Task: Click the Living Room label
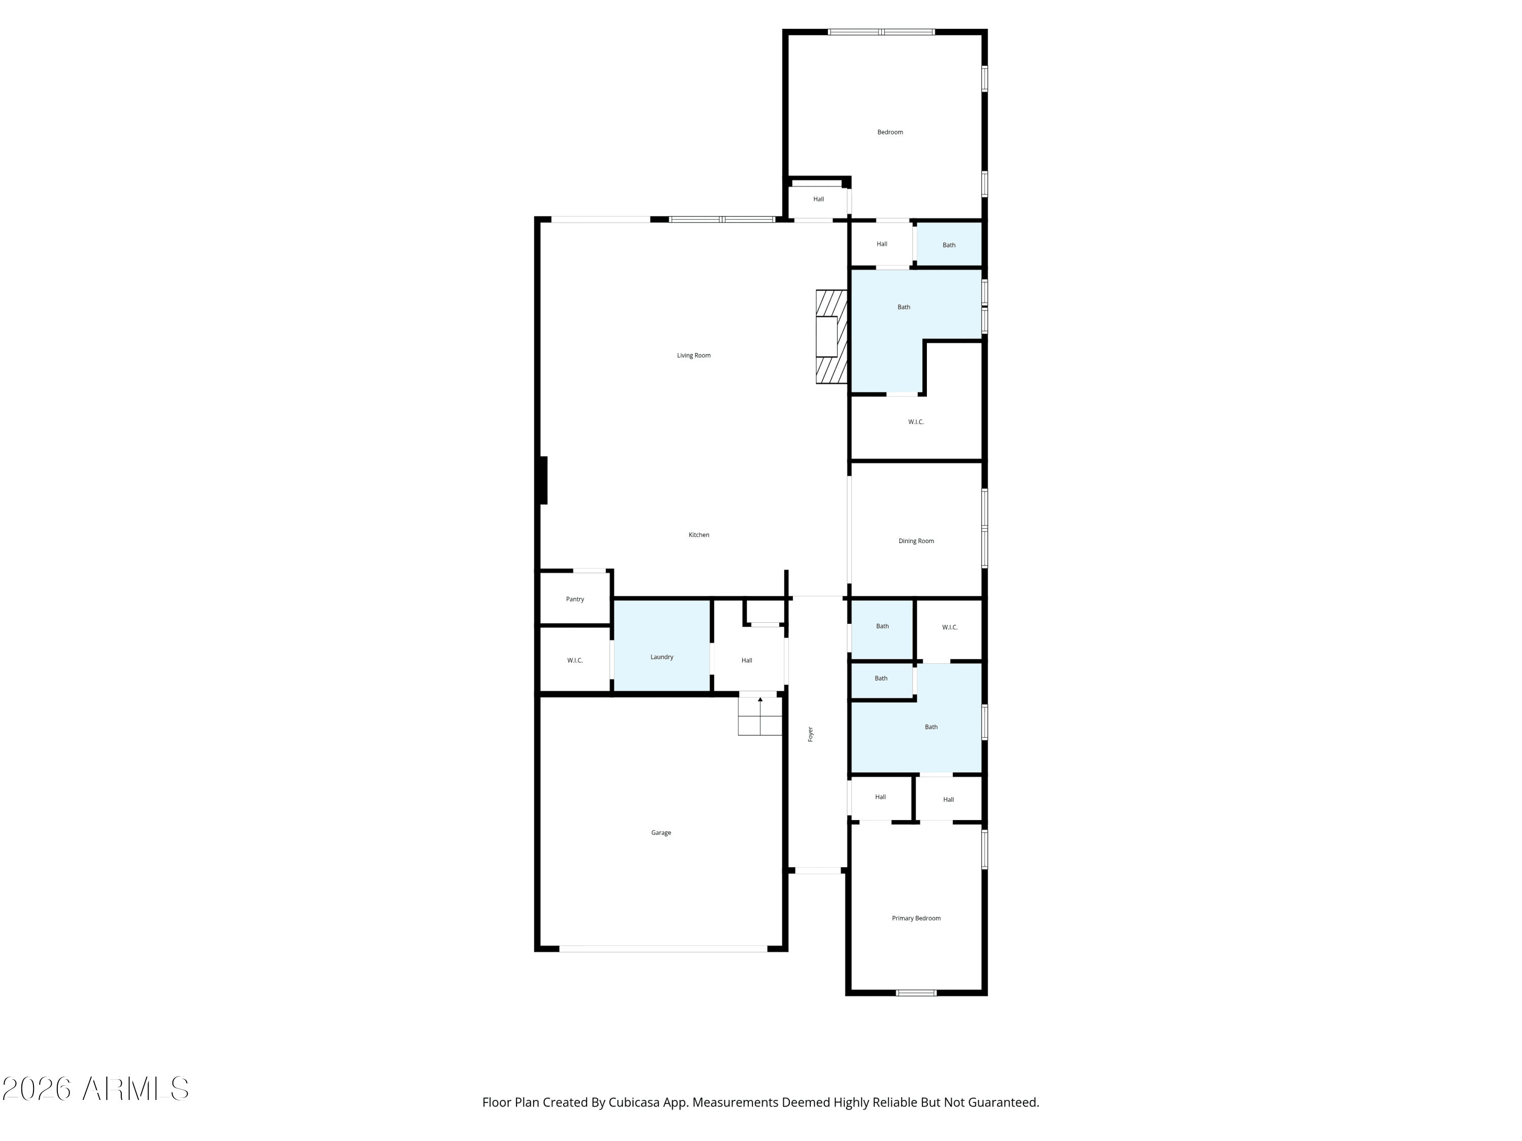point(694,355)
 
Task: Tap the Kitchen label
point(699,535)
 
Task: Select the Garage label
point(661,833)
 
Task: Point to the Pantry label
point(575,599)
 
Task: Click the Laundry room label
point(662,657)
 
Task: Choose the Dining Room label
point(917,541)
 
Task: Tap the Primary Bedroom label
point(917,918)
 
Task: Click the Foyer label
point(811,734)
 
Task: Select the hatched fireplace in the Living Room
point(831,337)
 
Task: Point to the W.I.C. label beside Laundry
point(575,660)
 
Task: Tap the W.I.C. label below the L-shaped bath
point(916,421)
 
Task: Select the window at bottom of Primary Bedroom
point(916,992)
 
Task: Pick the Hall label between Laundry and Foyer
point(747,660)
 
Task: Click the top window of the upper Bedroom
point(881,31)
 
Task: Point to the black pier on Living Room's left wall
point(543,480)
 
